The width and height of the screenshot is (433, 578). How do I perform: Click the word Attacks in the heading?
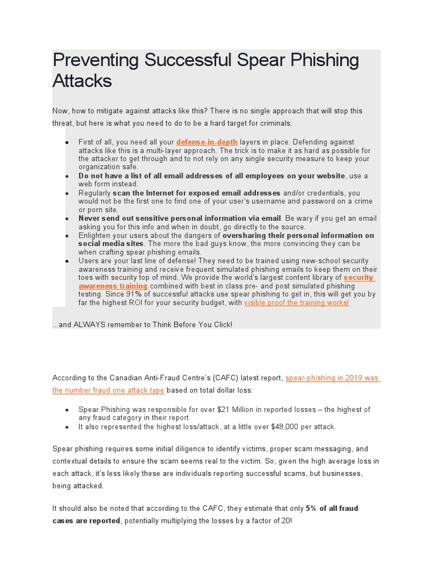[x=82, y=81]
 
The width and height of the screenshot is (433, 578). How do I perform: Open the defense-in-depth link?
[x=206, y=142]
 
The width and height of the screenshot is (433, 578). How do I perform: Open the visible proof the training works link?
[x=297, y=303]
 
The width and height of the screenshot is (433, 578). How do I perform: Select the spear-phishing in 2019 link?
[x=333, y=378]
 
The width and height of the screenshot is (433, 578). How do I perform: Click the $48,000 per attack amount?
[x=302, y=427]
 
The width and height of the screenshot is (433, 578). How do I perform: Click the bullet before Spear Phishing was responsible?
[x=67, y=410]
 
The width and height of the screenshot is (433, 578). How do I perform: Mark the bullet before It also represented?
[x=67, y=427]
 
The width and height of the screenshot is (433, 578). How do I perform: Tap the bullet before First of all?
[x=67, y=142]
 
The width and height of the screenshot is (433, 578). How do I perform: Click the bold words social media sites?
[x=103, y=244]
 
